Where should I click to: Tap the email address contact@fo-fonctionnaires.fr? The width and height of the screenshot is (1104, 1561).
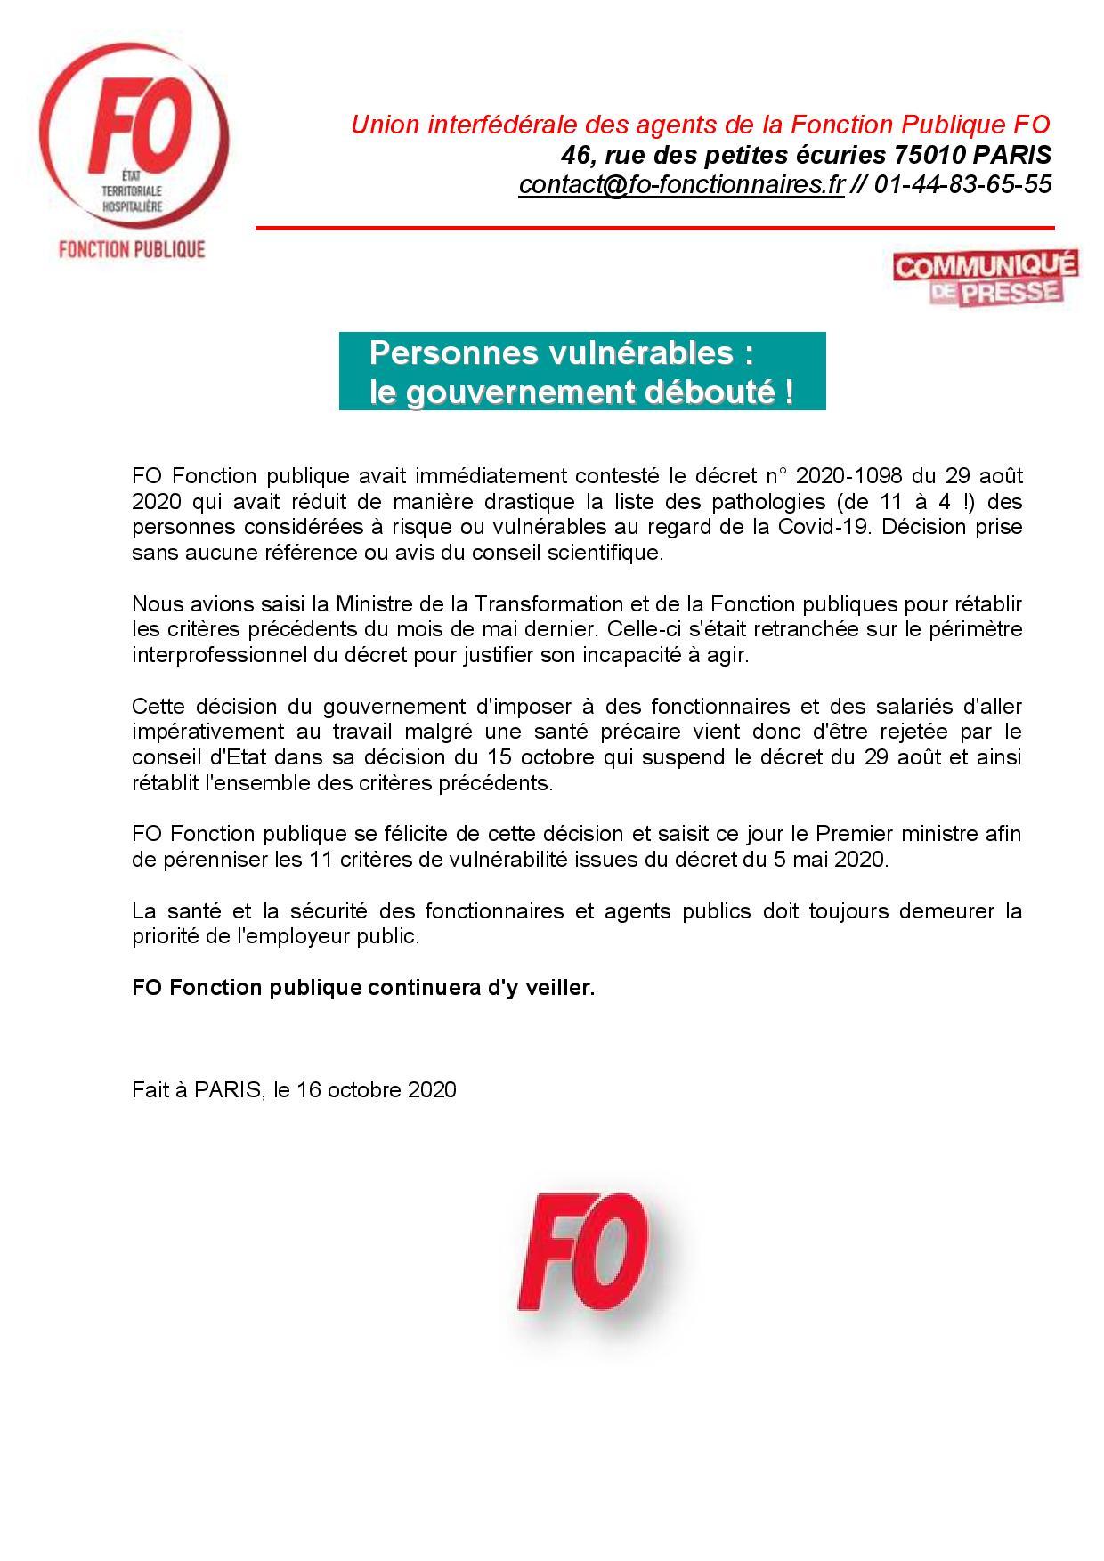click(x=681, y=185)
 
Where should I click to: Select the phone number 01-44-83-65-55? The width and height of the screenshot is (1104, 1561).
click(x=962, y=185)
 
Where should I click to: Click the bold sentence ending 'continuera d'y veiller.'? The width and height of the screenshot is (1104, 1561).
click(x=362, y=988)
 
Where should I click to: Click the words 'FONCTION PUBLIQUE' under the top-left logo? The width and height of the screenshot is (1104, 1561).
click(x=132, y=248)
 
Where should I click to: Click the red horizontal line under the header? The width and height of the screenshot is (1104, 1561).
click(x=654, y=228)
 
